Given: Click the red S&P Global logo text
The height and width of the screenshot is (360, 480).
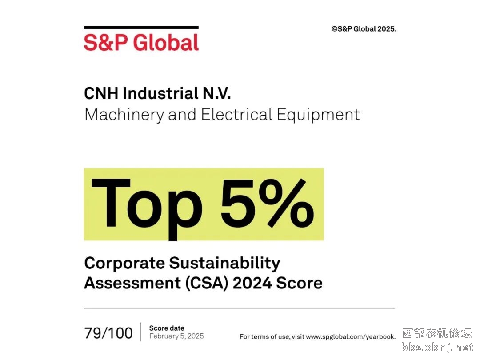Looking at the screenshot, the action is pos(141,42).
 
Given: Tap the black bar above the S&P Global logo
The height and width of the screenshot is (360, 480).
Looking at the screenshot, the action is pos(141,28).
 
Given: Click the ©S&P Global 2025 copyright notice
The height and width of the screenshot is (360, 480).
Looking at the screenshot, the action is pos(364,29).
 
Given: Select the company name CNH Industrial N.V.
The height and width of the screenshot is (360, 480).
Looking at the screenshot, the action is pos(157,93).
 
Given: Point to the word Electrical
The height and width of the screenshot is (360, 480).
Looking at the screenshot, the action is pos(236,115).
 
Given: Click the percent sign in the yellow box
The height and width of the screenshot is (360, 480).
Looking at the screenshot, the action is pos(286,203).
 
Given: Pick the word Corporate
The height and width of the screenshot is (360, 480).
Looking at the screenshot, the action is pos(124,264).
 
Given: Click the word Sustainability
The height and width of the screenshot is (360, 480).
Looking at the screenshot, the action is pos(225,264).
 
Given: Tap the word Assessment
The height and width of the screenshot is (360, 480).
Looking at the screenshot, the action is pos(132,283).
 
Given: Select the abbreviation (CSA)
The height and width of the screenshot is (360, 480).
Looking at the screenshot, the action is pos(207,283).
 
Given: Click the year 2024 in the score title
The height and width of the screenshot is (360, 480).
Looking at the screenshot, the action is pos(252,283).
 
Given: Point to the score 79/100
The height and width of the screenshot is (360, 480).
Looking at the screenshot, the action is pos(109,333).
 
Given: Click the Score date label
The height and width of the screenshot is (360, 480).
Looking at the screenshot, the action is pos(167,328).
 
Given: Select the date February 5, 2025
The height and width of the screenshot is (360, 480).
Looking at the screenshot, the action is pos(176,336).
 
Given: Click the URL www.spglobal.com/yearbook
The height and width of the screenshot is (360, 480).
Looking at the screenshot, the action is pos(351,337).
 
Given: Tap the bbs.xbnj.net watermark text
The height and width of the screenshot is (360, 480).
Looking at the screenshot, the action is pos(437,348).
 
